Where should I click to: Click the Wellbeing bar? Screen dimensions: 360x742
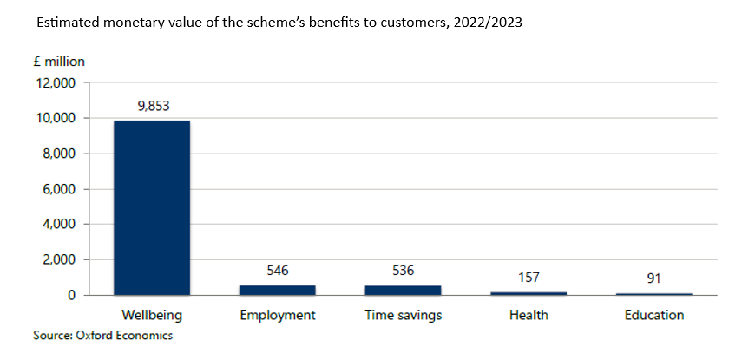[151, 207]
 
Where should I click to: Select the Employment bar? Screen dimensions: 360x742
[277, 290]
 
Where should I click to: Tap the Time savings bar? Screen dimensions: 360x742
[403, 290]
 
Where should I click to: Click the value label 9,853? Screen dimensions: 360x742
[152, 107]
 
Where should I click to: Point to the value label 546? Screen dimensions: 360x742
[277, 272]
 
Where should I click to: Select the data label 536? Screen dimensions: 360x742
[403, 272]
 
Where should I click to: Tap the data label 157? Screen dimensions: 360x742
[528, 278]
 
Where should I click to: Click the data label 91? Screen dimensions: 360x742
[653, 280]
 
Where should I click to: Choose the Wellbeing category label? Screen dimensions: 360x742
[151, 315]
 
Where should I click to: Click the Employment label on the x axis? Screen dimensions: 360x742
[277, 315]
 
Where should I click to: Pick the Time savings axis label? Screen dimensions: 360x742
[403, 315]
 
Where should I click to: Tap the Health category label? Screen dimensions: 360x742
[528, 315]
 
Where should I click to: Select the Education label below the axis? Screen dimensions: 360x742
[653, 315]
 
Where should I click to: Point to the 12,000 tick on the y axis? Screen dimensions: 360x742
[56, 83]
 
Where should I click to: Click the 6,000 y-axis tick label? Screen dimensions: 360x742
[60, 189]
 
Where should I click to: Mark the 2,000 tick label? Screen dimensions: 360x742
[60, 260]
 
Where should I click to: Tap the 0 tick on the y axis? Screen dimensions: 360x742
[74, 296]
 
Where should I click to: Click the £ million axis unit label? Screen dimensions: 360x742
[59, 62]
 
